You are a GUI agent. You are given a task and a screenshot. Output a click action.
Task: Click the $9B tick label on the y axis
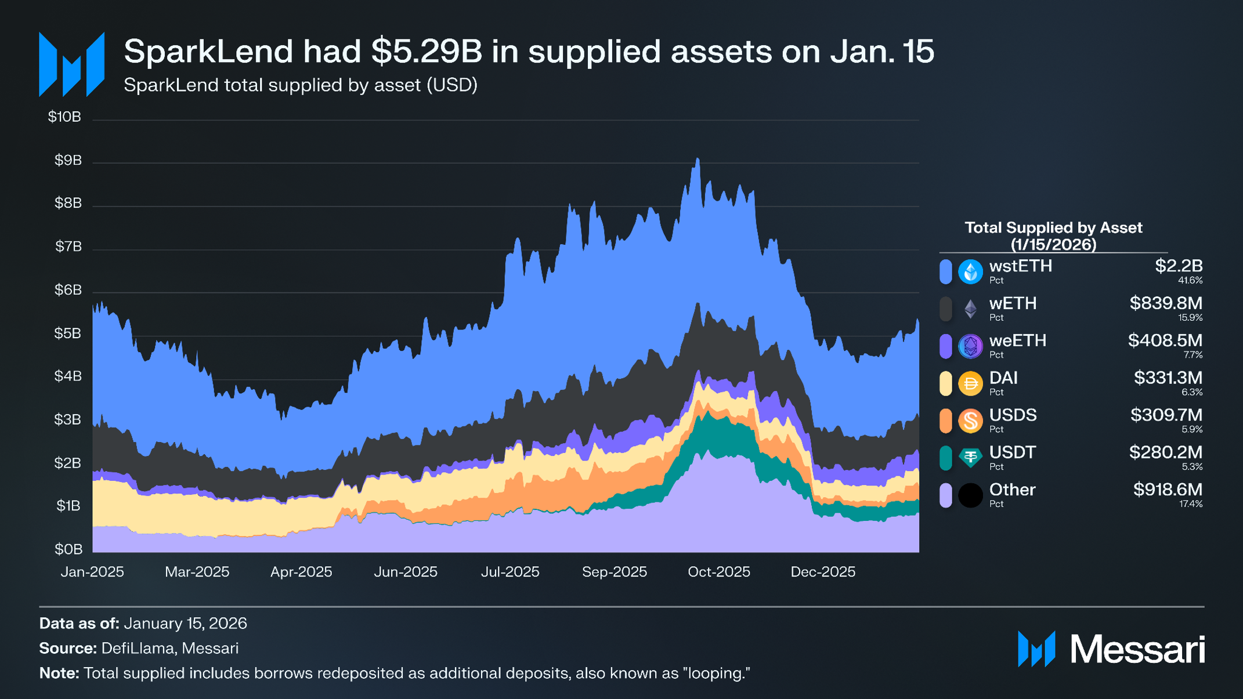(68, 160)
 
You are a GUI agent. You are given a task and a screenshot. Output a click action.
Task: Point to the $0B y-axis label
(68, 549)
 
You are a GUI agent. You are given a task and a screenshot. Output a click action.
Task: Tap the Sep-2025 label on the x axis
(614, 572)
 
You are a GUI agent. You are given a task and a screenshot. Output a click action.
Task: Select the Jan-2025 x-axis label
(92, 572)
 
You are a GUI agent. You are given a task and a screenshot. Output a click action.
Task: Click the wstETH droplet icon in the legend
(970, 271)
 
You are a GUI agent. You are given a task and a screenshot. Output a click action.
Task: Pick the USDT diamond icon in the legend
(970, 458)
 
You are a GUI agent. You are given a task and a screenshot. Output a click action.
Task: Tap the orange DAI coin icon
(970, 383)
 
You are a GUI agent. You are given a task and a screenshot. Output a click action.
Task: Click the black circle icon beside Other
(970, 495)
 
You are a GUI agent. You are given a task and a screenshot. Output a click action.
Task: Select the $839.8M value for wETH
(1166, 303)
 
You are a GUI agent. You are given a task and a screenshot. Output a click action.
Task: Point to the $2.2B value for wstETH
(1178, 266)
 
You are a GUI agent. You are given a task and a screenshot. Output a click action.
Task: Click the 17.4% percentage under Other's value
(1190, 504)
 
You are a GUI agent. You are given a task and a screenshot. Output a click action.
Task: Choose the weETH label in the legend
(1017, 341)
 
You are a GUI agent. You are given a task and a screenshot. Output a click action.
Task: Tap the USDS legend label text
(1013, 415)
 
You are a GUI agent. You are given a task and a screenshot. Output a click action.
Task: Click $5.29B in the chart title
(427, 51)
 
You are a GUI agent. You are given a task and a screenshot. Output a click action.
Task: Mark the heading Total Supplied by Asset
(1053, 228)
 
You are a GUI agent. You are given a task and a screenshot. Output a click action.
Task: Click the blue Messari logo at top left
(71, 64)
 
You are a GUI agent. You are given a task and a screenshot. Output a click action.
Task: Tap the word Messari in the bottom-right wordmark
(1137, 649)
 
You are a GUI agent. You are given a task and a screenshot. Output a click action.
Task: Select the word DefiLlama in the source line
(137, 648)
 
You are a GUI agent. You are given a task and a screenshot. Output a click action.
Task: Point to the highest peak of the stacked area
(698, 158)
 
